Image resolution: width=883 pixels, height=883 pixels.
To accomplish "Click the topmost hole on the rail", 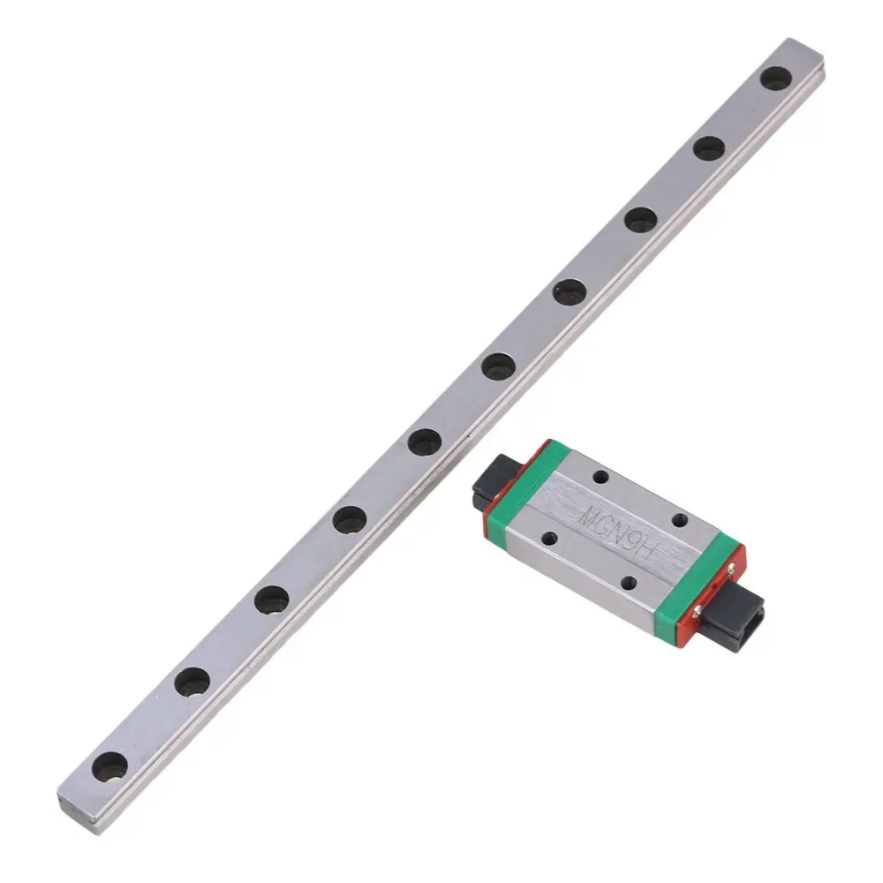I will [775, 79].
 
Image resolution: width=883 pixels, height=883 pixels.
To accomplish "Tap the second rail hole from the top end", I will [708, 148].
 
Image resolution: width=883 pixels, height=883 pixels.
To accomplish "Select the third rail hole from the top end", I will [640, 219].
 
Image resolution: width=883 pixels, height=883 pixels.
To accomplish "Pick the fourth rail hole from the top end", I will [570, 291].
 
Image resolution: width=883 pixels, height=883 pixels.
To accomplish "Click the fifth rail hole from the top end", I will [499, 366].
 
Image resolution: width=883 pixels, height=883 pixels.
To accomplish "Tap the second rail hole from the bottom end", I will [192, 681].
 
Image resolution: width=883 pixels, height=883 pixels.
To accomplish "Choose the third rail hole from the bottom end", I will [271, 600].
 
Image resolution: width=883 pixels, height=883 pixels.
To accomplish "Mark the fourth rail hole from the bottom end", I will [350, 520].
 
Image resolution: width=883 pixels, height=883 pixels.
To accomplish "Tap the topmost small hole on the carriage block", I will [600, 478].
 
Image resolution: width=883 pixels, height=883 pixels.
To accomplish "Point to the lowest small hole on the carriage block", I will [629, 582].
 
